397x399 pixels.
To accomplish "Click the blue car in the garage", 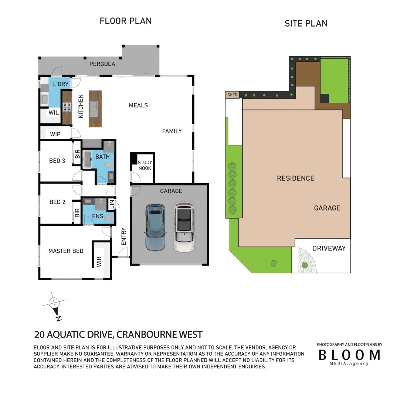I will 155,227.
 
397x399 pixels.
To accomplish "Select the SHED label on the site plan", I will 232,95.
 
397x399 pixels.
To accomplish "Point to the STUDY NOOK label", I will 145,166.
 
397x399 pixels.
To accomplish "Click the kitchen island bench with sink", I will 95,109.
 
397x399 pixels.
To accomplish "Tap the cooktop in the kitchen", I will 67,108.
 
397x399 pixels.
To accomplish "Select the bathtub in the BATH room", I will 87,160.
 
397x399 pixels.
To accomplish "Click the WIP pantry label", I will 55,134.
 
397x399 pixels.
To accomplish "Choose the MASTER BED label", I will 66,251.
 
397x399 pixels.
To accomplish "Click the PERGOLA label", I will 102,64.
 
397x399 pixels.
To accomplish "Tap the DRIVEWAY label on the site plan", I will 329,248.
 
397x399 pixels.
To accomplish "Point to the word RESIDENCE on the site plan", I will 295,178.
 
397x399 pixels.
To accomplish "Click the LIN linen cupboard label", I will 112,204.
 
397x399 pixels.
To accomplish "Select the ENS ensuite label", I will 98,216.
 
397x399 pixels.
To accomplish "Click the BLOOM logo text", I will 349,355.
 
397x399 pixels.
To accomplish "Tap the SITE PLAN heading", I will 306,24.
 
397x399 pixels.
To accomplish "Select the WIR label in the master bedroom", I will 99,262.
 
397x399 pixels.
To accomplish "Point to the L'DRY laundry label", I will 61,84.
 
